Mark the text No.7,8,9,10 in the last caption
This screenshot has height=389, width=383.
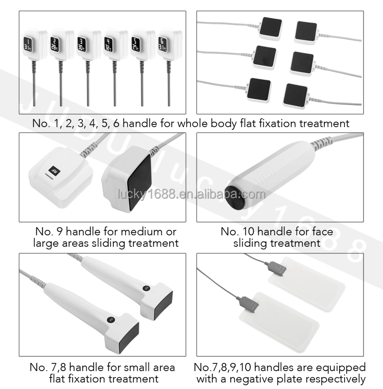tap(228, 367)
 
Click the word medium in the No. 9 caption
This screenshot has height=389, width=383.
tap(137, 231)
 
